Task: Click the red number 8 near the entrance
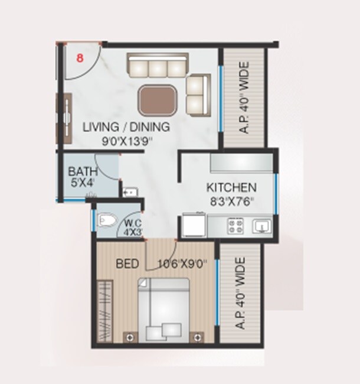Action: (x=79, y=57)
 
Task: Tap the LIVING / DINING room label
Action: (x=126, y=127)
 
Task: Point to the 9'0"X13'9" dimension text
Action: (x=126, y=141)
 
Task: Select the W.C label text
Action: (x=130, y=223)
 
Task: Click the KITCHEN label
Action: (x=231, y=188)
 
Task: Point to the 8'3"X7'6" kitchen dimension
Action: (x=231, y=201)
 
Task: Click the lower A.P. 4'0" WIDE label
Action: (x=240, y=294)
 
